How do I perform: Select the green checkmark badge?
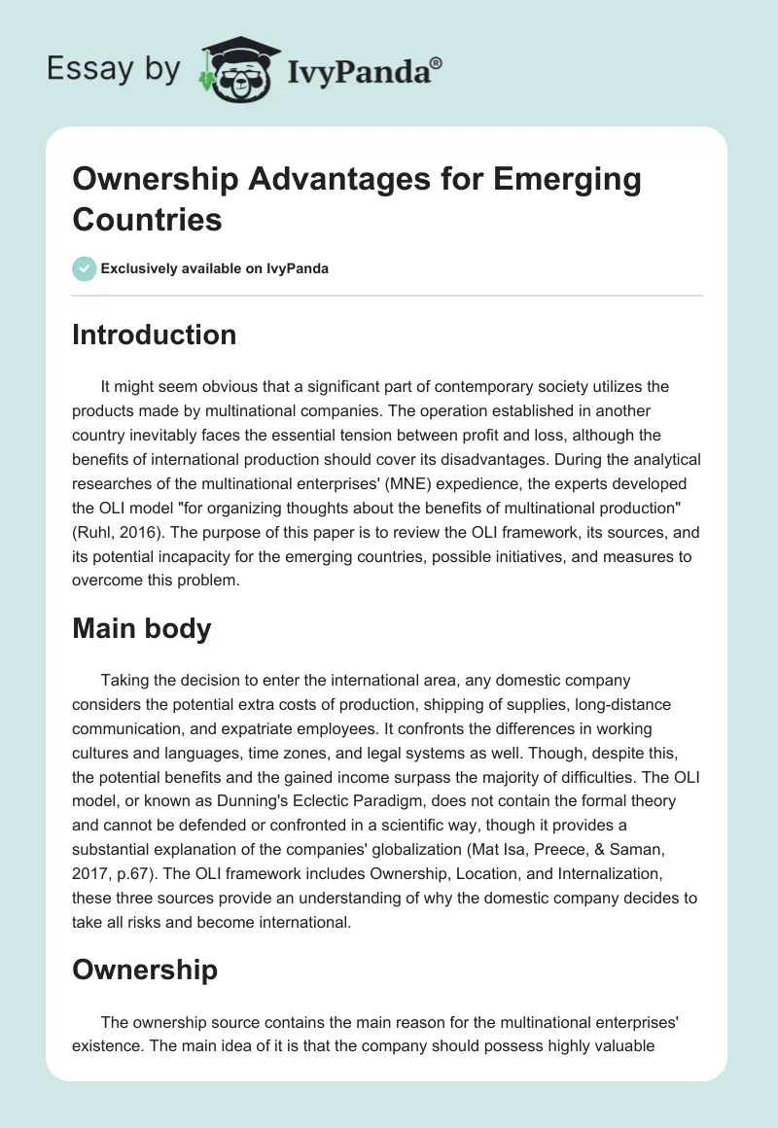[84, 268]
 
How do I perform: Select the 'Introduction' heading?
[154, 335]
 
